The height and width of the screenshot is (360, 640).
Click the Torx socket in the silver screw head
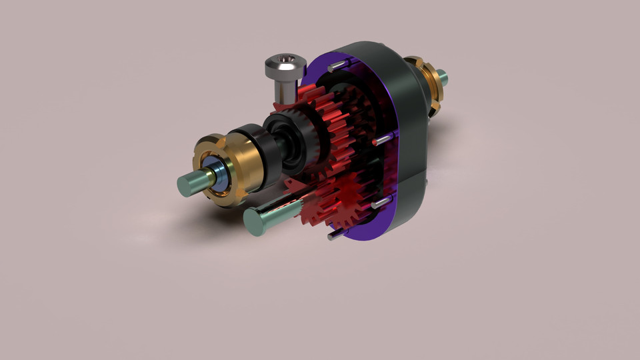coord(287,62)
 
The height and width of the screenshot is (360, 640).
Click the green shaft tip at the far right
coord(443,79)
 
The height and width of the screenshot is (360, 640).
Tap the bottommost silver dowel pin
coord(336,234)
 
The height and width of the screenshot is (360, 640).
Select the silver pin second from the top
coord(383,139)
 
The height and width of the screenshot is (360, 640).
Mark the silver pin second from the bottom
coord(381,202)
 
